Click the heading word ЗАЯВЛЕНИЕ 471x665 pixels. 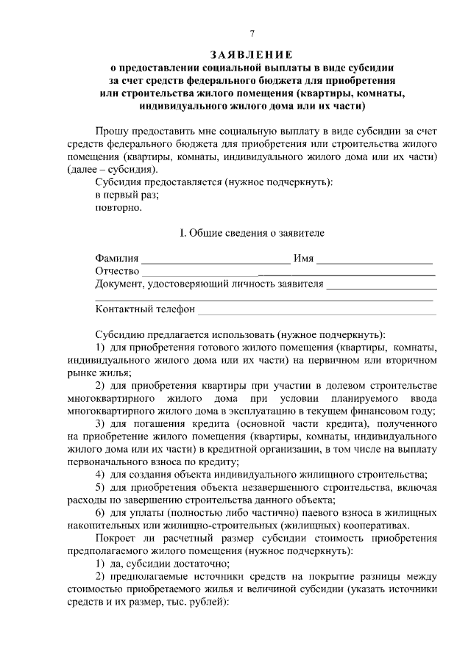(252, 54)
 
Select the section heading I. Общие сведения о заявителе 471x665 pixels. (252, 232)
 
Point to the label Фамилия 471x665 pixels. (116, 259)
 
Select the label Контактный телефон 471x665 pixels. (144, 309)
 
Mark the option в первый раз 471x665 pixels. (127, 194)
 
